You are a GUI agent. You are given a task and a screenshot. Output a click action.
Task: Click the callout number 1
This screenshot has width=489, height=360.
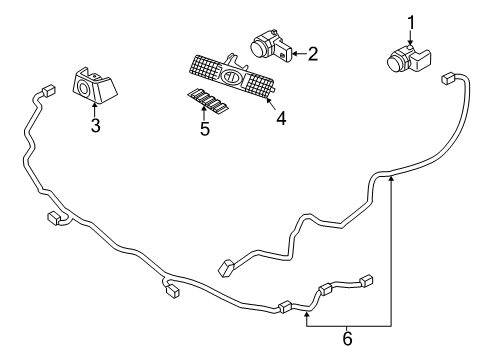410,21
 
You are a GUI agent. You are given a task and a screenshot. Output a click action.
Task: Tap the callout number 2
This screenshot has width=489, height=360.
312,54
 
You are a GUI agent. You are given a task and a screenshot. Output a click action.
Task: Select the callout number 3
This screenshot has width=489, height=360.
95,127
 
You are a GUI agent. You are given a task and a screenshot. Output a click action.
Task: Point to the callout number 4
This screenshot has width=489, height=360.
281,117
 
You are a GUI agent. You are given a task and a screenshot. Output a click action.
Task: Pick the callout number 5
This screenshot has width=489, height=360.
204,129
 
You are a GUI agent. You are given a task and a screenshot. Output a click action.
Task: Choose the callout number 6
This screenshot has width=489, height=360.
348,338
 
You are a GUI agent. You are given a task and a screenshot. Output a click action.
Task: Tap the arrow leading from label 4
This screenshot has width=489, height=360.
273,103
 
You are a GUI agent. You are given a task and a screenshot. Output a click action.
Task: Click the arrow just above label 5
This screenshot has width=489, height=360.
204,114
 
